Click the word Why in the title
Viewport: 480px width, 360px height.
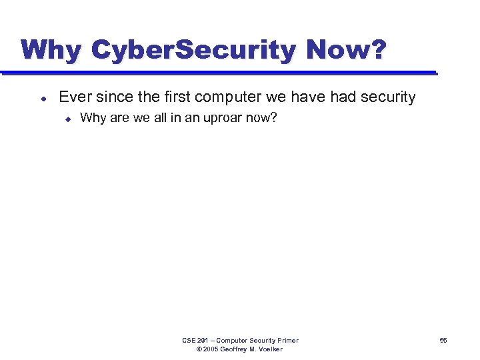51,50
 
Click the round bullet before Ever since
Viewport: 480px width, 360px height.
43,98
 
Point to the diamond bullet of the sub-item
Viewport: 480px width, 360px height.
67,119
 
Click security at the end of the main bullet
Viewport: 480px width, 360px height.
388,97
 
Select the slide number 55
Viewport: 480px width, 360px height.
443,341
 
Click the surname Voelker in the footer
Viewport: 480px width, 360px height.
269,349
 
